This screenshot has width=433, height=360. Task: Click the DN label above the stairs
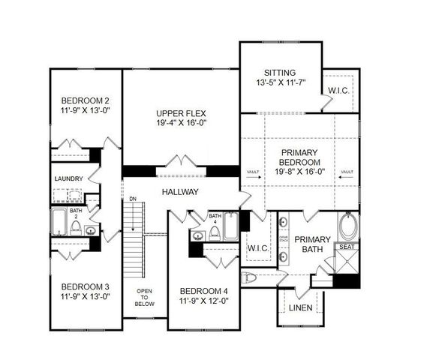[x=133, y=199]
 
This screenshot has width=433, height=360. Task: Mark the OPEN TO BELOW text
[x=145, y=297]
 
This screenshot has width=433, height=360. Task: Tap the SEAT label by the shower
[x=347, y=246]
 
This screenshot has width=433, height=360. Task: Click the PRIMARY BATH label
[x=308, y=245]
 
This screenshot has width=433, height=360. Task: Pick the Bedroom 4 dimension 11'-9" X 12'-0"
[x=204, y=301]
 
